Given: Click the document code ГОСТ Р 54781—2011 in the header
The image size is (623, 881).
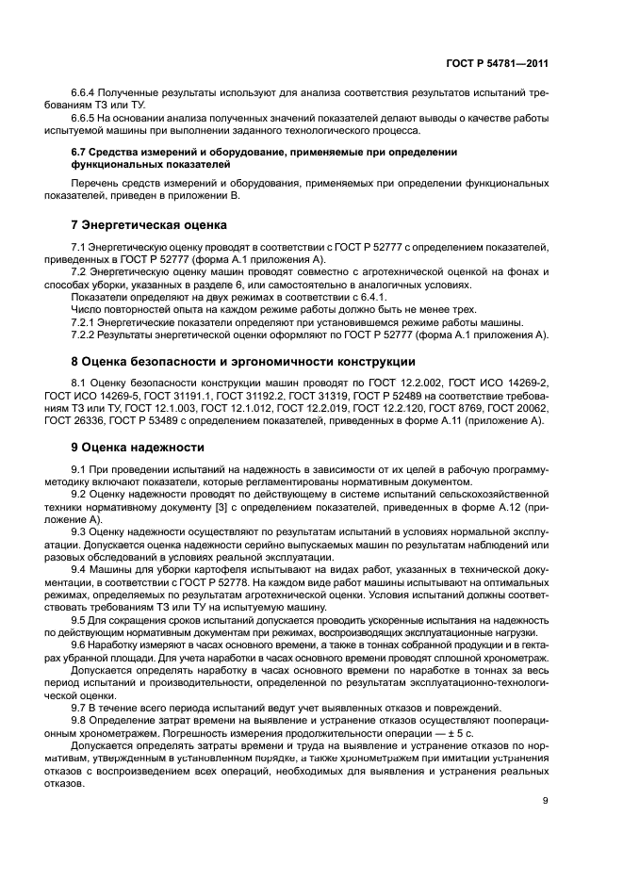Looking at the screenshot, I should pyautogui.click(x=498, y=63).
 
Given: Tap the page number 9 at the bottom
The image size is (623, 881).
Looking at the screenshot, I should pyautogui.click(x=546, y=801).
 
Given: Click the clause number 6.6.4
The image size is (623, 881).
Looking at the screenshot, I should pyautogui.click(x=84, y=94).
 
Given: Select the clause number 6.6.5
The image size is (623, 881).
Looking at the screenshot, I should pyautogui.click(x=84, y=118).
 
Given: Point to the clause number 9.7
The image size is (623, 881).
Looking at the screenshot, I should pyautogui.click(x=79, y=706).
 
